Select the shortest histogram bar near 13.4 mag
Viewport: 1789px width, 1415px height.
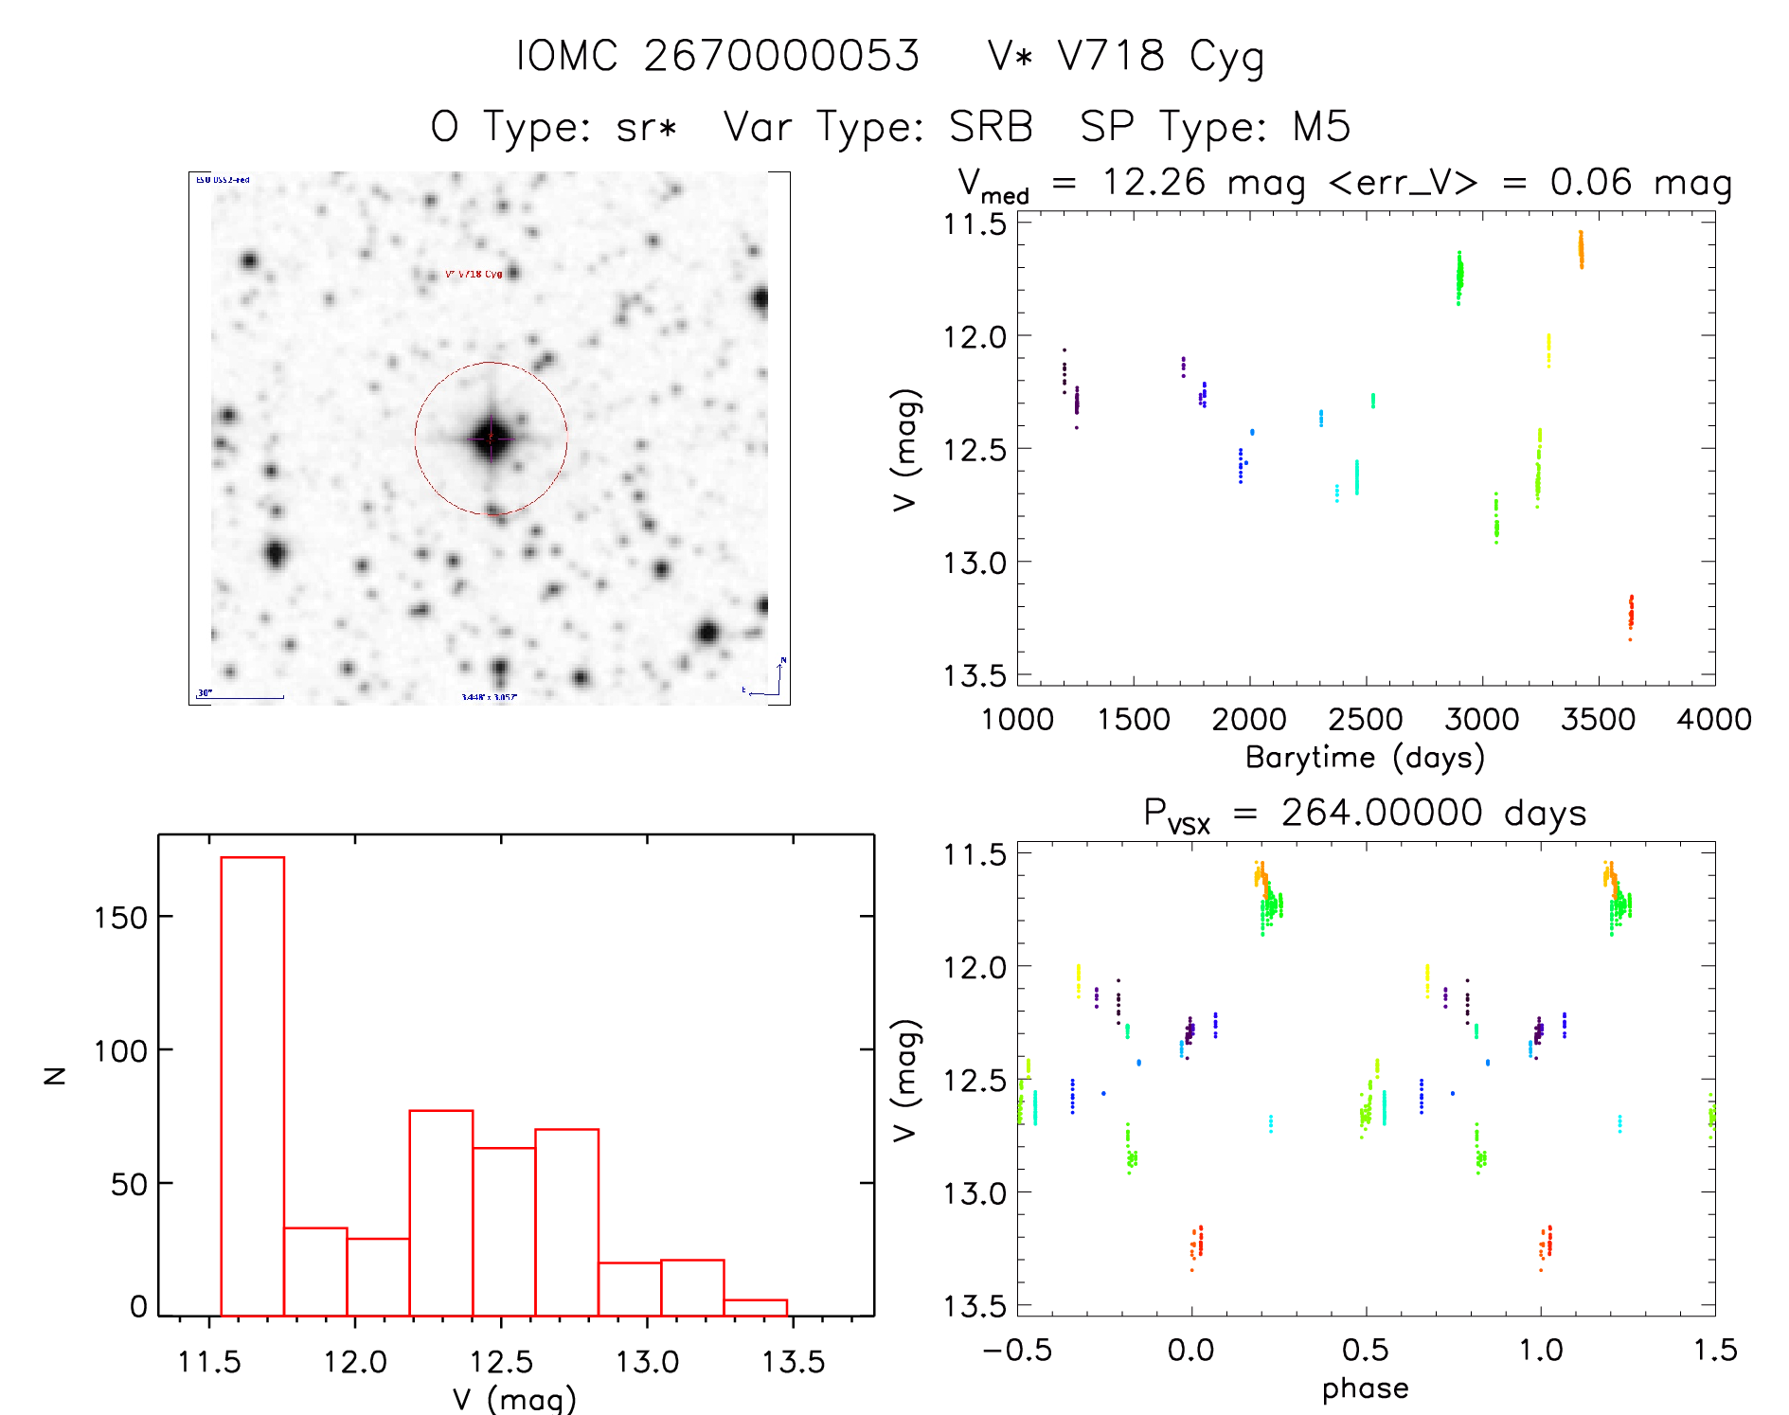tap(755, 1307)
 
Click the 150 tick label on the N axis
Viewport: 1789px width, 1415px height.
tap(120, 917)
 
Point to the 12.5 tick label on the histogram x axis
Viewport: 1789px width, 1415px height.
tap(501, 1362)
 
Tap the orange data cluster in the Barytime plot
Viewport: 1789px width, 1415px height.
tap(1581, 250)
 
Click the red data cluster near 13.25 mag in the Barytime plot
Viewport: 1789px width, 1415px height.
tap(1631, 615)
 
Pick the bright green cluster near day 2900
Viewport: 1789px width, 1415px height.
tap(1459, 277)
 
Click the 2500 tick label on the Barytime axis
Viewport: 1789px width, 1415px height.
tap(1366, 720)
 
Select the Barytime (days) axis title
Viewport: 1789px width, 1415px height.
tap(1365, 758)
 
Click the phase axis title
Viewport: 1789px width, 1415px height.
tap(1365, 1388)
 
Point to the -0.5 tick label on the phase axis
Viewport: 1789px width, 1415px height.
tap(1017, 1351)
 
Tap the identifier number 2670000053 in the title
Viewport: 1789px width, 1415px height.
tap(781, 55)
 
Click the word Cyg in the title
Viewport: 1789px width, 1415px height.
tap(1226, 57)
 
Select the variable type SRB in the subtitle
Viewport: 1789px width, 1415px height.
tap(991, 126)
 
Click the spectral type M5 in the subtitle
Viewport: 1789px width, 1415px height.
tap(1321, 126)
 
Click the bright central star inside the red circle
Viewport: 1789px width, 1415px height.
tap(491, 438)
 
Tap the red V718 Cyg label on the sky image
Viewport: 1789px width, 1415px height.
tap(474, 274)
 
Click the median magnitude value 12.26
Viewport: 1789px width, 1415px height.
tap(1154, 182)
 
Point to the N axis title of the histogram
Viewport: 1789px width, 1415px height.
tap(55, 1075)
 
